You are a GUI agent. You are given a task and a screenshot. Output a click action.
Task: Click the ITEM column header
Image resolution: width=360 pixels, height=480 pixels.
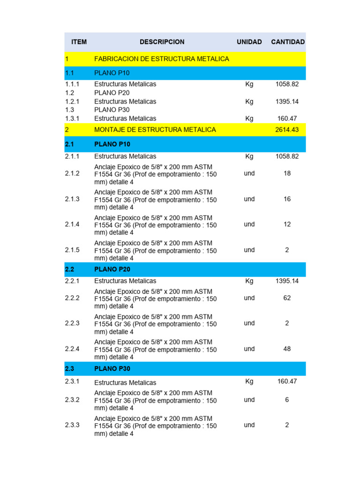point(79,42)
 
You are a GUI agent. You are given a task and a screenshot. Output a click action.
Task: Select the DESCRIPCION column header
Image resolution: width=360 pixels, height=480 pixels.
point(162,42)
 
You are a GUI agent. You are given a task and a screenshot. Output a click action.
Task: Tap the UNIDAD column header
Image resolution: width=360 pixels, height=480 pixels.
point(249,42)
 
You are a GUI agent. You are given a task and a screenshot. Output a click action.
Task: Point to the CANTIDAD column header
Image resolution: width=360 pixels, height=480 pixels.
point(288,42)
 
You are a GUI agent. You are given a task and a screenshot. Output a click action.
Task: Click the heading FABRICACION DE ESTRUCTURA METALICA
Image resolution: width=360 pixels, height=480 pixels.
point(162,59)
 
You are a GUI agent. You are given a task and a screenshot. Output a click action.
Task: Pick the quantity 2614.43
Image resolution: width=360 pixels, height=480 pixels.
point(287,129)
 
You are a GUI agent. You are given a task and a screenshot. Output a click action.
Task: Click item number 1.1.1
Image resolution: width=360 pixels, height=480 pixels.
point(72,84)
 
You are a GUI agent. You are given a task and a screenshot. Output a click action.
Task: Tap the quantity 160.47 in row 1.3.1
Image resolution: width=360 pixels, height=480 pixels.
point(287,119)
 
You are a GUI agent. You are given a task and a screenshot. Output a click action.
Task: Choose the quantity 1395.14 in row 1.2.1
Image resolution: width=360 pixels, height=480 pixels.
point(287,101)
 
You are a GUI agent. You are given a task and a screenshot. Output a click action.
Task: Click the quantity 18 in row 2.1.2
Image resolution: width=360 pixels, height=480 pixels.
point(287,173)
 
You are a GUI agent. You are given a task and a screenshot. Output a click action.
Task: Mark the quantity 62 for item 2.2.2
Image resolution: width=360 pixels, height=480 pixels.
point(287,298)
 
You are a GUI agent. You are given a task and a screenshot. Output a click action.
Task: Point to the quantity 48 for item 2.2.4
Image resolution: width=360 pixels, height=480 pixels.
point(287,349)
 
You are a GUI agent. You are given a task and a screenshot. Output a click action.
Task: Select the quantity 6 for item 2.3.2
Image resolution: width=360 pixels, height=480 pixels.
point(287,400)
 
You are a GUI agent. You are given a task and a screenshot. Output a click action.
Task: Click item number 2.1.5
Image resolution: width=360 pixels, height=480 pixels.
point(72,250)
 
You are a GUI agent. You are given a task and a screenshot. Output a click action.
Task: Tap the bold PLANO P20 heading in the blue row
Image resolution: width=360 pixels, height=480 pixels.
point(112,270)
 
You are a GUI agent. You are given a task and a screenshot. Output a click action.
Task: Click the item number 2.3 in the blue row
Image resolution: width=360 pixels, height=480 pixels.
point(69,369)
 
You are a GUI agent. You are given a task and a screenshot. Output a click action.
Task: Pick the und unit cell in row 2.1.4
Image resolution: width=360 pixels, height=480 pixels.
point(249,225)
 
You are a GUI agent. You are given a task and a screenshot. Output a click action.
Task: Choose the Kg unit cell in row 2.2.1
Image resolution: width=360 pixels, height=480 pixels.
point(249,281)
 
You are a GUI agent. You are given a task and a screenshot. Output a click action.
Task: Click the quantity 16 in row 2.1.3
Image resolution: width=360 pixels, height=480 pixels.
point(287,199)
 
